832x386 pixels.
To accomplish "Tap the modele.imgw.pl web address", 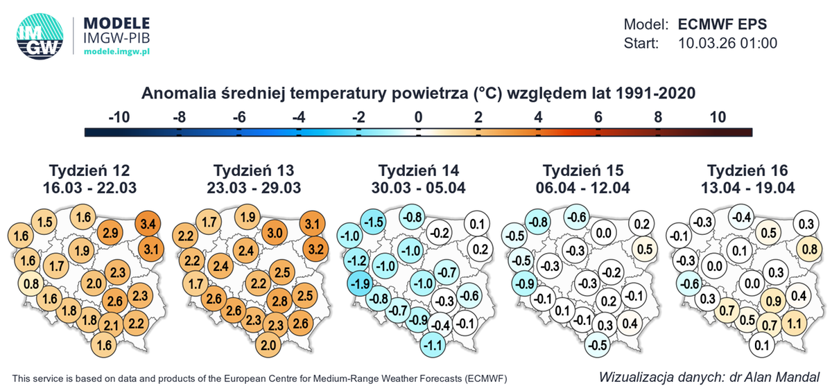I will tap(117, 52).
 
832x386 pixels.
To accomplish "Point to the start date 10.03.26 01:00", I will tap(727, 43).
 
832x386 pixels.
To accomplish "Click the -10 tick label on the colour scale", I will tap(119, 117).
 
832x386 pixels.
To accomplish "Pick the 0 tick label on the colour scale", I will tap(417, 117).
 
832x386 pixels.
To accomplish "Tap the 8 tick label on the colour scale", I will tap(657, 117).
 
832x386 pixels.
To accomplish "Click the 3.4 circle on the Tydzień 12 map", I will tap(148, 224).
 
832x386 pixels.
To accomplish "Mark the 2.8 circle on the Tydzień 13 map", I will tap(279, 301).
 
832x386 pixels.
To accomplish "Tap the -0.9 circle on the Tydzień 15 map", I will tap(525, 283).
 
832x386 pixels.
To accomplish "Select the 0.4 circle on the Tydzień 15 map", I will tap(630, 322).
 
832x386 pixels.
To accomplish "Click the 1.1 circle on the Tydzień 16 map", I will tap(795, 322).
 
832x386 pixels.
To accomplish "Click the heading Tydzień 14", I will tap(419, 170).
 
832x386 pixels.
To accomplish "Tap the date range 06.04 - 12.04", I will tap(583, 187).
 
